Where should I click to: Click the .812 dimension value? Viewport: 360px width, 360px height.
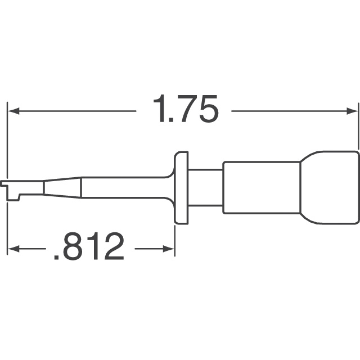click(x=88, y=247)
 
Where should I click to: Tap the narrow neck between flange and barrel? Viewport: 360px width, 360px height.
click(x=206, y=188)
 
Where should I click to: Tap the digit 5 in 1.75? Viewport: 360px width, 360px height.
click(x=206, y=110)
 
